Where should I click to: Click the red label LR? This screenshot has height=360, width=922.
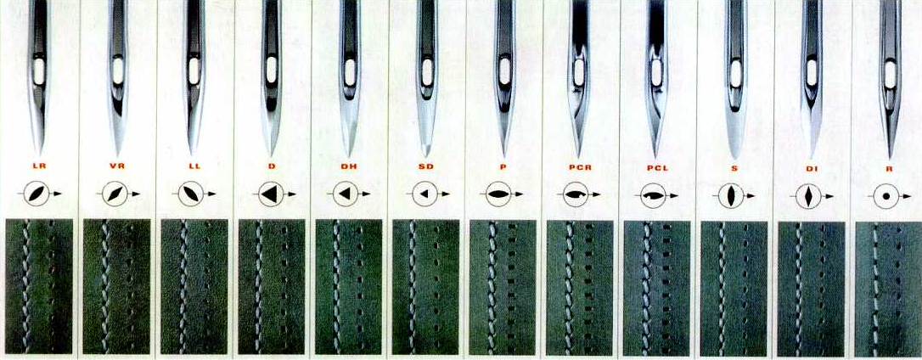(x=40, y=166)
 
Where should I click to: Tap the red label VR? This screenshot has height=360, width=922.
(x=117, y=166)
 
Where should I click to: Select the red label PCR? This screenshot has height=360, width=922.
(x=579, y=167)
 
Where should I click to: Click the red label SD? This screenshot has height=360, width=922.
(x=426, y=166)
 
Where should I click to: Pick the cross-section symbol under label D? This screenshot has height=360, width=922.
(x=270, y=194)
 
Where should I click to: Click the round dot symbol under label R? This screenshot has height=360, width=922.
(x=886, y=196)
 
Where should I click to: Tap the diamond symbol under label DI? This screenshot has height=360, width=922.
(x=808, y=196)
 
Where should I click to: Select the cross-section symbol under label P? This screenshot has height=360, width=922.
(x=498, y=194)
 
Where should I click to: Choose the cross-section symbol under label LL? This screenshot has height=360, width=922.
(x=190, y=194)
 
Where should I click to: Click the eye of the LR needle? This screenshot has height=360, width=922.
(x=39, y=70)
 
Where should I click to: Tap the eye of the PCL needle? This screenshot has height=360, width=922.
(x=656, y=71)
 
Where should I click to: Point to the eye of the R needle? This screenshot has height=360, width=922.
(x=891, y=74)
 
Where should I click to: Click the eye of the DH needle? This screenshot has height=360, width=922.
(x=349, y=70)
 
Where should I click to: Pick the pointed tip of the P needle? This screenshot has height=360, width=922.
(x=504, y=155)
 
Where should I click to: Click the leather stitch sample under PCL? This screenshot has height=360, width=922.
(x=657, y=288)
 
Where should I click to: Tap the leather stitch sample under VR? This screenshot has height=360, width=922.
(x=116, y=286)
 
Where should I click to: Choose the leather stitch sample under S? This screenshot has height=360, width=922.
(x=734, y=288)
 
